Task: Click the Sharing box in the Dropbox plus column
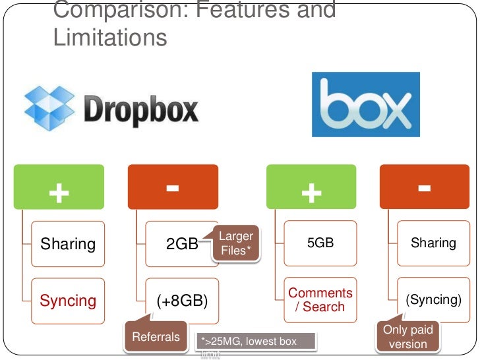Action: click(x=69, y=244)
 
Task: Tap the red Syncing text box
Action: click(x=69, y=301)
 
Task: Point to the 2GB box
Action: click(x=182, y=244)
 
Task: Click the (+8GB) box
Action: click(x=182, y=301)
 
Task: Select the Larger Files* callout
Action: click(x=235, y=243)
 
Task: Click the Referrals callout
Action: click(x=156, y=337)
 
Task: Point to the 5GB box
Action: click(x=321, y=243)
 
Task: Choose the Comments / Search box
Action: click(x=321, y=299)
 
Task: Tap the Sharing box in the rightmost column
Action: click(x=433, y=243)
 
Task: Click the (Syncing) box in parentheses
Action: click(x=433, y=299)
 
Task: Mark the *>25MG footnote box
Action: click(x=256, y=342)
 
